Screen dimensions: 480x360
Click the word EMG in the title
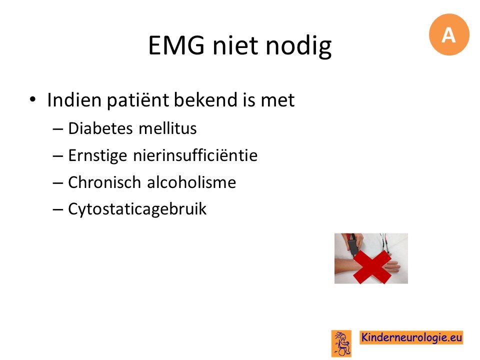click(x=176, y=45)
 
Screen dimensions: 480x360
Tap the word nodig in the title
click(x=298, y=46)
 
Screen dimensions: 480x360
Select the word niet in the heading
click(x=234, y=45)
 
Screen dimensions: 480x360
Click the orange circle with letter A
click(x=449, y=34)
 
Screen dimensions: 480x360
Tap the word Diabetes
click(x=100, y=128)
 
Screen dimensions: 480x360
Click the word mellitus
click(x=167, y=128)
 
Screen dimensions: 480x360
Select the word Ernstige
click(x=97, y=155)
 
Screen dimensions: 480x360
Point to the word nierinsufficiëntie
click(x=195, y=155)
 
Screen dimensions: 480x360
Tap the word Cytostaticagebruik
click(x=137, y=209)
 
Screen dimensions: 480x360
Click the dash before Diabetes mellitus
click(x=58, y=129)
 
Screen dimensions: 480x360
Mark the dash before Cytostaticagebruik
click(x=58, y=210)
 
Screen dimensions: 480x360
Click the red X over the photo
click(x=372, y=267)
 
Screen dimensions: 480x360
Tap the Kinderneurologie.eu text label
click(x=411, y=337)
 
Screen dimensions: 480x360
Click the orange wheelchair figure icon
click(x=341, y=343)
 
